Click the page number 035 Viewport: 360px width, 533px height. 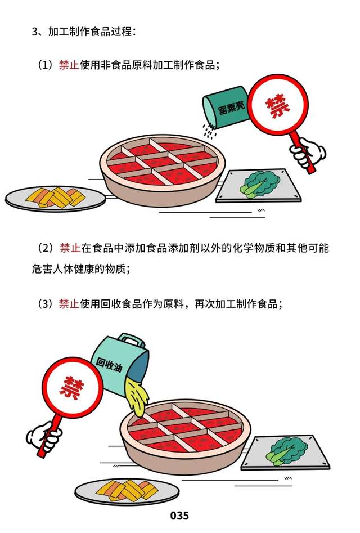(179, 516)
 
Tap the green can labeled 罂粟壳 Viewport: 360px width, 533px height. (227, 108)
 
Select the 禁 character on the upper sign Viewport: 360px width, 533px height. (278, 106)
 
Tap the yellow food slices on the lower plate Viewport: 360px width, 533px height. (127, 490)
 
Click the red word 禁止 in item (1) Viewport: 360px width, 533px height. (69, 65)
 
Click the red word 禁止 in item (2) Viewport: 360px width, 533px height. (70, 248)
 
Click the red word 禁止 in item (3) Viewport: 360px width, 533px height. (69, 303)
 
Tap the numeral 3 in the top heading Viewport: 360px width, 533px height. (35, 32)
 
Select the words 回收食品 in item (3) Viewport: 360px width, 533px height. (121, 303)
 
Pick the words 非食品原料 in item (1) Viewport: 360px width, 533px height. (127, 65)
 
